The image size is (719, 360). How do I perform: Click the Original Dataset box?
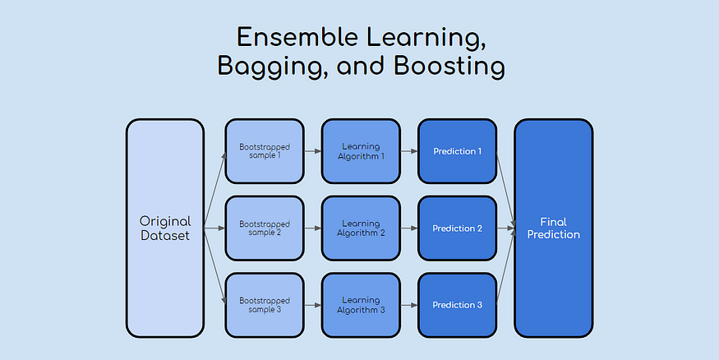164,228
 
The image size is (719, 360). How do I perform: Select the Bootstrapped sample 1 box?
264,151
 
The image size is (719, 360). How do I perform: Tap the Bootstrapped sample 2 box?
264,228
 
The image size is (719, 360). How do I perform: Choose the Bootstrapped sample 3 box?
264,305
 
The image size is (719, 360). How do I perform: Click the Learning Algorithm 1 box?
361,151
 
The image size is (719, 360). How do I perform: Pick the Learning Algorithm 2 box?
361,228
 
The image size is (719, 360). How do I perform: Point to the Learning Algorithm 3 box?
361,305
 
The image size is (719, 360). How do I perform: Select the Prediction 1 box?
457,151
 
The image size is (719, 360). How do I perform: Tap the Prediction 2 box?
457,228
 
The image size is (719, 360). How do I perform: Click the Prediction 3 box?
457,305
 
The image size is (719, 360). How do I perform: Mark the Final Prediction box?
553,228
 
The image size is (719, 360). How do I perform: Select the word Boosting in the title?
455,67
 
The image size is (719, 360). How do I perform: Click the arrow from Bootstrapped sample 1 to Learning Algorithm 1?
311,151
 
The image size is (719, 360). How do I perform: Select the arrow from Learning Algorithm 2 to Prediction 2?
408,228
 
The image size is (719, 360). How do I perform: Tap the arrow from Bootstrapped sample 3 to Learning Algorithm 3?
311,305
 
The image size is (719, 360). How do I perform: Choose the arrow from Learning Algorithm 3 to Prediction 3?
408,305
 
